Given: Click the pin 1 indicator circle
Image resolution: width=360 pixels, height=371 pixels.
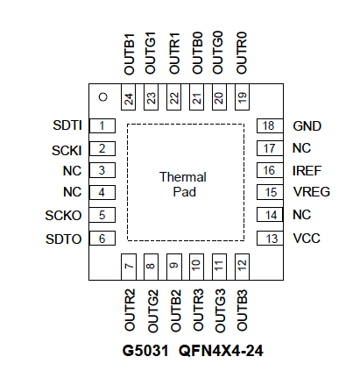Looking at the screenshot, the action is tap(103, 96).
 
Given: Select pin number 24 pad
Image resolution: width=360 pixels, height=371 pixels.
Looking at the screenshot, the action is tap(128, 97).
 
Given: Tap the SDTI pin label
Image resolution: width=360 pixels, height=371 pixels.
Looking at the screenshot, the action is tap(67, 125).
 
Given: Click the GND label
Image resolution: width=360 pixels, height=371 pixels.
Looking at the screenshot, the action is tap(307, 126).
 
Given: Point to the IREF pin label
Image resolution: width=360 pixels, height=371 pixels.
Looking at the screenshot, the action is tap(307, 171).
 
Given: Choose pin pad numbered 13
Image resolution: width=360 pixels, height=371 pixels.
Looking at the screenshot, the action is tap(270, 238).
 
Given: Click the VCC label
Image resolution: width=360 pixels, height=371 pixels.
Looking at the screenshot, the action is tap(307, 239).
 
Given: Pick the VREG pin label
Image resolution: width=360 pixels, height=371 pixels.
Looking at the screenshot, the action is tap(312, 192).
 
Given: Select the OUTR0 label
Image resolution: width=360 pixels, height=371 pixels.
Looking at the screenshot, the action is tap(242, 53).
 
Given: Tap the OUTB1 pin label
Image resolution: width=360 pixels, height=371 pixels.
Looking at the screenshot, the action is tap(130, 54).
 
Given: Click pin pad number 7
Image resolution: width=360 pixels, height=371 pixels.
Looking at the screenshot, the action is tap(128, 267).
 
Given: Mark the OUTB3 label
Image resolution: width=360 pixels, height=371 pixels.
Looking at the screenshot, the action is tap(242, 310).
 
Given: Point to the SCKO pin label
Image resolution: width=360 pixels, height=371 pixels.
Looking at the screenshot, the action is tap(63, 216).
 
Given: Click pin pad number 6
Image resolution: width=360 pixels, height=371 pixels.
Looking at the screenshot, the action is tap(102, 238).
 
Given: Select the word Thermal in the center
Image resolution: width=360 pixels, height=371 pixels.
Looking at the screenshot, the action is tap(183, 177).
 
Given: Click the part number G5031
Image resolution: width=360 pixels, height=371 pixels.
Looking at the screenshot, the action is tap(145, 351).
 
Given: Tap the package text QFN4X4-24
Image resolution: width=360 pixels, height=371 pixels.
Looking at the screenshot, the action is tap(221, 351).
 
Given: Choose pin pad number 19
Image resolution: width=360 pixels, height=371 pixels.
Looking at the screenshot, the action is tap(242, 97).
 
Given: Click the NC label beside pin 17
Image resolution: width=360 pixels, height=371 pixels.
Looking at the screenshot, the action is tap(301, 148).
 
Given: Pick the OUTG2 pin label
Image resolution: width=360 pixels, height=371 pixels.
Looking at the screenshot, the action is tap(152, 310).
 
